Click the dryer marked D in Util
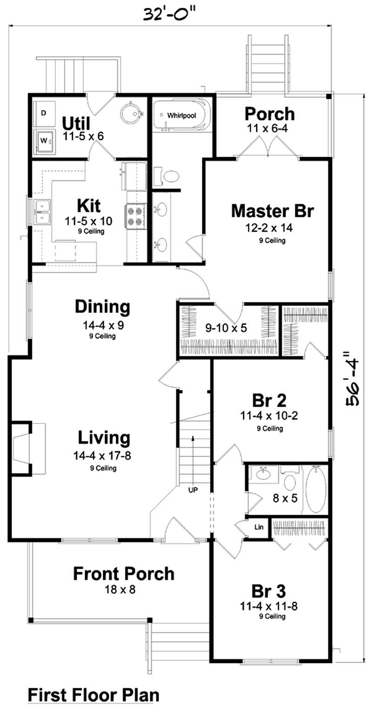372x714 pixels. coord(44,113)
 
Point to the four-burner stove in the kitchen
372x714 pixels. coord(135,216)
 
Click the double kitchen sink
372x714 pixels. coord(42,211)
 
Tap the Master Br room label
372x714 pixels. coord(272,211)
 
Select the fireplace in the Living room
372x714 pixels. coord(23,447)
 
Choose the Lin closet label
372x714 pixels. coord(259,527)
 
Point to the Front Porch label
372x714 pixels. coord(123,574)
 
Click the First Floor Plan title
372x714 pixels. coord(93,695)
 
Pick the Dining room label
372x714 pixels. coord(103,307)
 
